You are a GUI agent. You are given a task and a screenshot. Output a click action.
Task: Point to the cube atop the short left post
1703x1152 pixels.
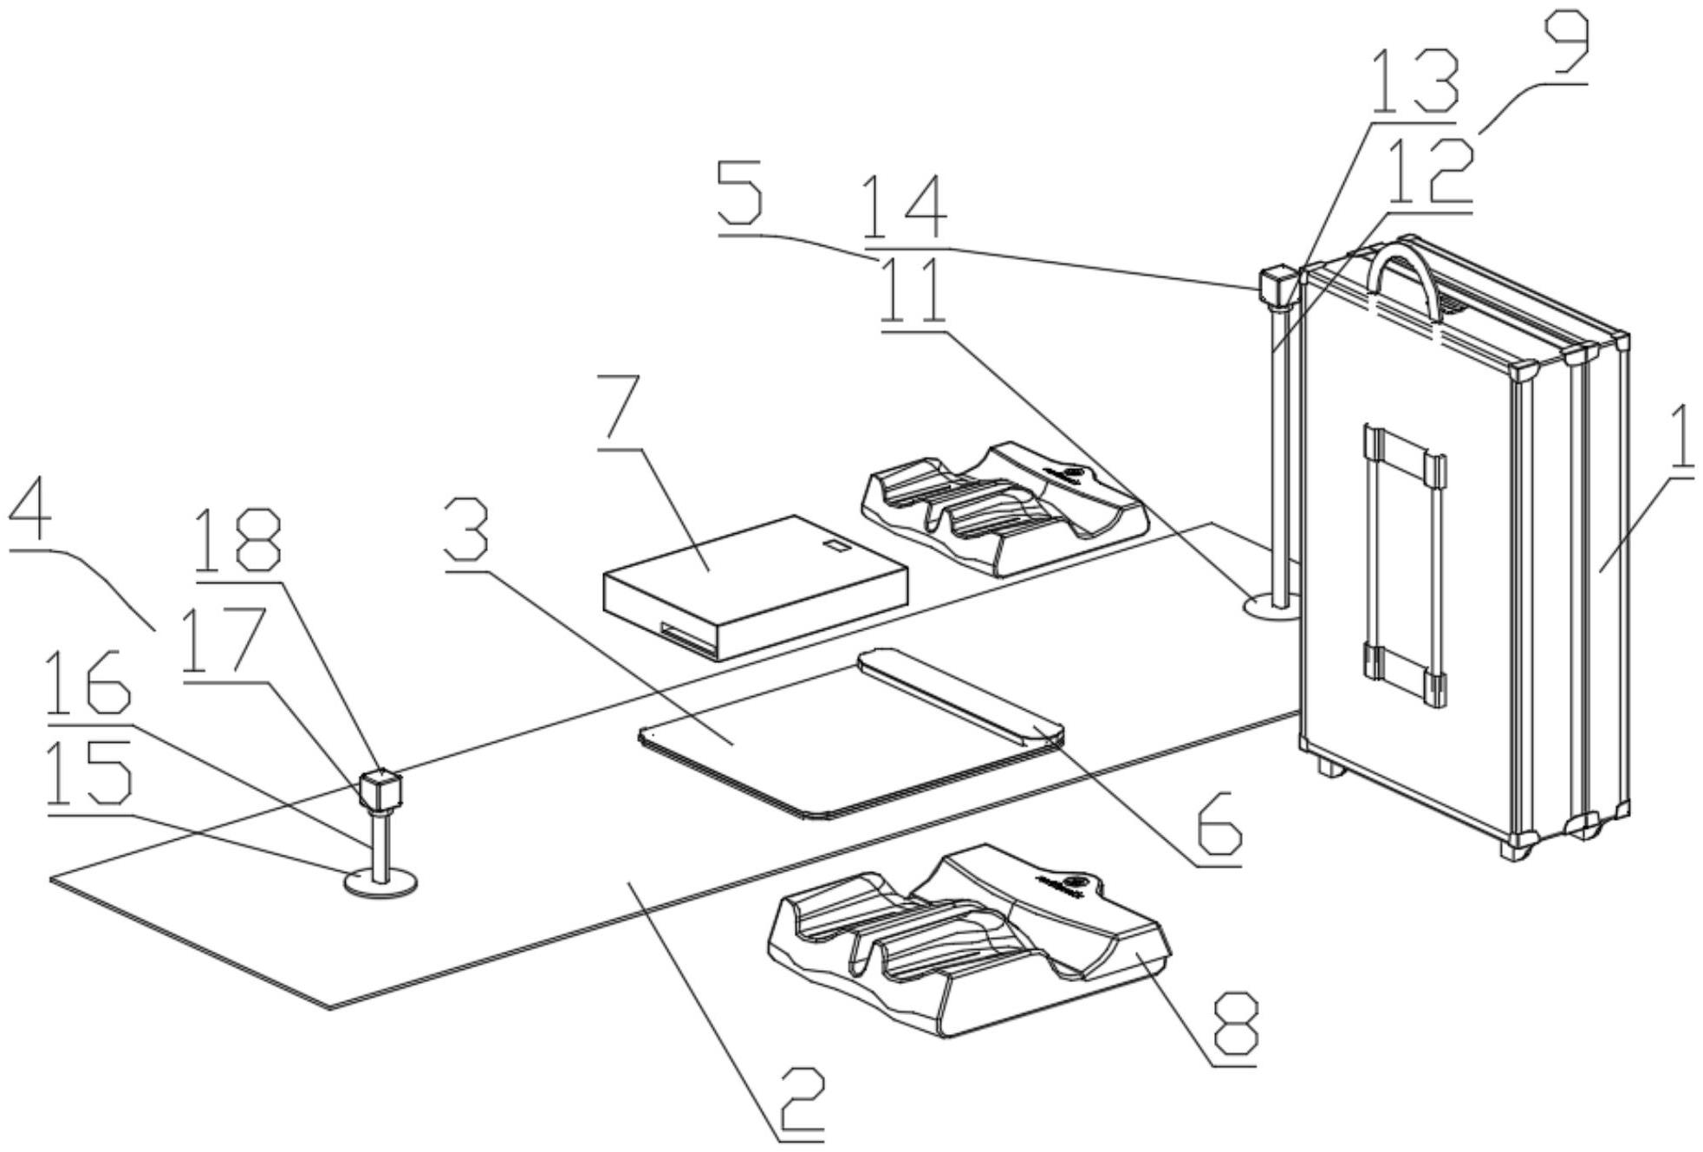(x=380, y=789)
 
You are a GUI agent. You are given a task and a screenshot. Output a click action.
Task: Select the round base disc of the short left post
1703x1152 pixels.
(x=381, y=884)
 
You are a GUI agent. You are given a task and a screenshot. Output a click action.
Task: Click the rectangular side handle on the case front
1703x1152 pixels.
(x=1404, y=563)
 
